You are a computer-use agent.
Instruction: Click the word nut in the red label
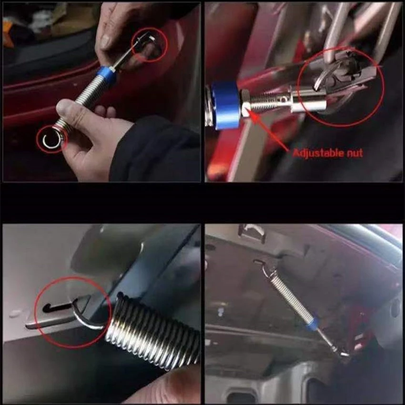[x=354, y=153]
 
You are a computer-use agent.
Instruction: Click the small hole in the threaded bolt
[x=283, y=99]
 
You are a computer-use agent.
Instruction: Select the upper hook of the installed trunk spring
[x=263, y=266]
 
